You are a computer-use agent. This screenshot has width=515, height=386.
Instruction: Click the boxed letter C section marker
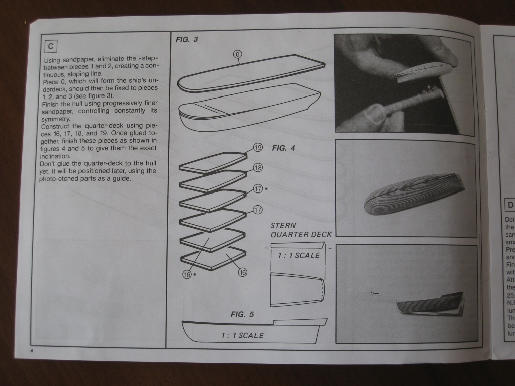coord(51,46)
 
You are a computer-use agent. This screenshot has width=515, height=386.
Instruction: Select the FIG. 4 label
coord(283,148)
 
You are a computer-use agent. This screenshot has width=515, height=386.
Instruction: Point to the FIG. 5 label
coord(242,315)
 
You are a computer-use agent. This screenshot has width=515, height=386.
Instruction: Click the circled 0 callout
coord(238,54)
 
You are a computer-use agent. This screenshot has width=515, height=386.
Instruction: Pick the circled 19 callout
coord(258,148)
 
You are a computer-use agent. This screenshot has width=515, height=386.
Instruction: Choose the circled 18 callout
coord(258,167)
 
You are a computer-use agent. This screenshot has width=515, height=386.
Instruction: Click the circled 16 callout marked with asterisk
coord(187,274)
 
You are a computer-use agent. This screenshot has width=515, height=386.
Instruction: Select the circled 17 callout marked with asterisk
coord(258,189)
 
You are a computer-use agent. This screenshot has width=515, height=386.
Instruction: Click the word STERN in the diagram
coord(283,226)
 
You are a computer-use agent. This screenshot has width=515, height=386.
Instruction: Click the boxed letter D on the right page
coord(510,205)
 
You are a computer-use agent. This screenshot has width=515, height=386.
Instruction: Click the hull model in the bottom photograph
coord(431,303)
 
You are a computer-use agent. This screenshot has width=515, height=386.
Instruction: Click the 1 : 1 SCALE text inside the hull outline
coord(242,335)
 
